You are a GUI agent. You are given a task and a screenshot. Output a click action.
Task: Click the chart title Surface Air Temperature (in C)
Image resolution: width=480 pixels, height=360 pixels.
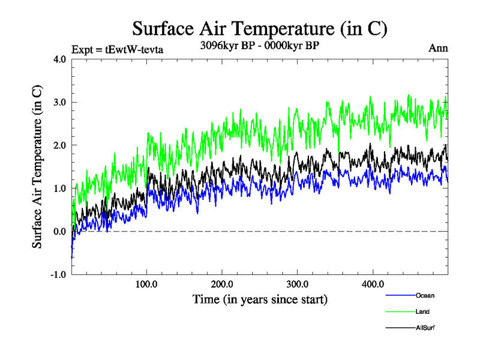[259, 28]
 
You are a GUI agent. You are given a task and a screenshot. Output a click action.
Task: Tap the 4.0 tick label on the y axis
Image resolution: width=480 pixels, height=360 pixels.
[61, 59]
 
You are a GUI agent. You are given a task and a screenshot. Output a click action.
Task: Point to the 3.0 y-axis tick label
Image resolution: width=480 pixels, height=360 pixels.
[61, 102]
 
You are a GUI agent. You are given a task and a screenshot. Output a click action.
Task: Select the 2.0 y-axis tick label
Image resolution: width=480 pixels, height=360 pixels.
[61, 145]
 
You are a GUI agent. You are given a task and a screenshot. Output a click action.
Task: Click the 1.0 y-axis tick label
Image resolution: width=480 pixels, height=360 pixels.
[61, 188]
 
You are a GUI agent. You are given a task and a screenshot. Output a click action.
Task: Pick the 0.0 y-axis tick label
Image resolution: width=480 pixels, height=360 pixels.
[61, 232]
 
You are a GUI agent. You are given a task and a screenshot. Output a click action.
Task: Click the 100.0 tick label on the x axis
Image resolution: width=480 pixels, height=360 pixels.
[147, 284]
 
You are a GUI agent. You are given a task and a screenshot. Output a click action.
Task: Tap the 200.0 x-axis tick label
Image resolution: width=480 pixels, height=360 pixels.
[223, 284]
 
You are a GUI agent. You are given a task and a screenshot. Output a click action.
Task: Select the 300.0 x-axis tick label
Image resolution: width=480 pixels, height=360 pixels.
[298, 284]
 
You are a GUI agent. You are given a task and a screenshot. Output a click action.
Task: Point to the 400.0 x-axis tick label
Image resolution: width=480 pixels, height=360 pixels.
[373, 284]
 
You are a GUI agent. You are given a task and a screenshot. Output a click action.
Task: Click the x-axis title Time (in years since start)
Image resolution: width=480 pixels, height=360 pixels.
[260, 298]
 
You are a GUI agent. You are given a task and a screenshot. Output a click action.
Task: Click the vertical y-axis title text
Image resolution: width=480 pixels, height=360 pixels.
[37, 167]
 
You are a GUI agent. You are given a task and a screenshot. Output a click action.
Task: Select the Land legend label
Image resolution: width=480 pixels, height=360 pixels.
[422, 312]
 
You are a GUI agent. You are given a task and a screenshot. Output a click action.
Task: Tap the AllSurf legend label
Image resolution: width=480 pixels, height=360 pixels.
[425, 328]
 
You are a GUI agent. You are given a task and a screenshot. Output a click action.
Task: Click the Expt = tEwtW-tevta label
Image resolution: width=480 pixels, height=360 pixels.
[117, 49]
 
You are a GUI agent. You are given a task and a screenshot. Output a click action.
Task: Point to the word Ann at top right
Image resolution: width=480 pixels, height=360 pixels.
[438, 48]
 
